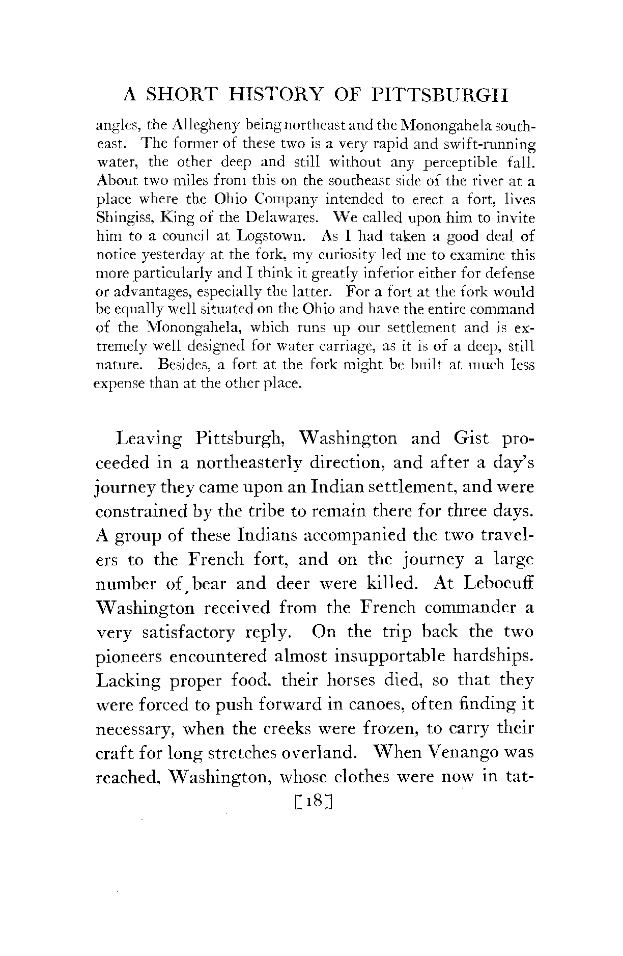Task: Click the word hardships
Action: point(492,657)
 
